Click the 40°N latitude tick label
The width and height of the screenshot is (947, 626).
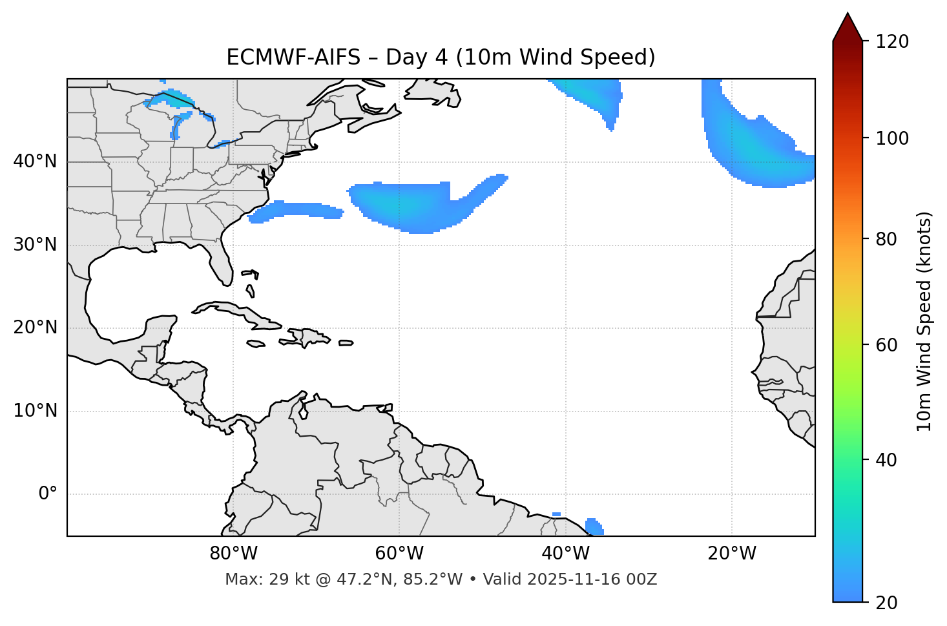point(35,162)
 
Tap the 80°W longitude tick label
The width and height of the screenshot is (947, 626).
point(233,554)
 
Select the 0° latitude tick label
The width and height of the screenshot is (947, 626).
point(47,494)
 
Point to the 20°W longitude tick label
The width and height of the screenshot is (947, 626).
point(732,554)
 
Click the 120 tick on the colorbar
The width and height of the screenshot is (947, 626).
point(892,42)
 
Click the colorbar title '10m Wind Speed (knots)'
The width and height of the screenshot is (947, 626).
point(924,321)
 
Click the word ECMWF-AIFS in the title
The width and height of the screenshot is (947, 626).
point(293,57)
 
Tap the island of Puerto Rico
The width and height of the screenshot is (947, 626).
point(346,343)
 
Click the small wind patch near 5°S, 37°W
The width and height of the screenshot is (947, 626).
point(594,526)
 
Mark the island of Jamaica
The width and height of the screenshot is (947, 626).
point(256,344)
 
